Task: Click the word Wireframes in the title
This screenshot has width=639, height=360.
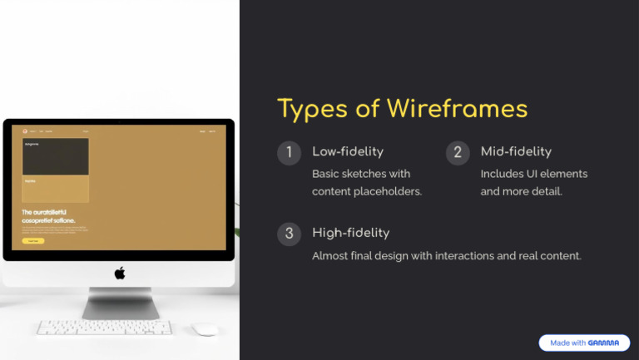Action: click(x=453, y=109)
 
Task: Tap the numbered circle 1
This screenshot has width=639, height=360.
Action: click(x=289, y=153)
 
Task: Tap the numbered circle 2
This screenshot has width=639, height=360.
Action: click(x=458, y=153)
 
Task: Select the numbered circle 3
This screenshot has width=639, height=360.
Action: click(x=289, y=234)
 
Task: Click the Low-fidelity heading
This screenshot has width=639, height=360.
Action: click(x=348, y=151)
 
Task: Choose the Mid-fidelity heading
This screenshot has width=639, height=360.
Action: click(x=516, y=151)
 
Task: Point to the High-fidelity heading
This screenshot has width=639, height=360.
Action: click(x=350, y=233)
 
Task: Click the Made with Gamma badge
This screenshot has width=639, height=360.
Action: click(x=584, y=343)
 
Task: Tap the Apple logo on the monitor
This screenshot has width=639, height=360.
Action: click(x=119, y=274)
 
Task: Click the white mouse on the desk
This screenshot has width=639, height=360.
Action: click(x=205, y=329)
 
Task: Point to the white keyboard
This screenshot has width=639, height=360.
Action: click(x=105, y=328)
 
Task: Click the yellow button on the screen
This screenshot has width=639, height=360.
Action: click(x=33, y=240)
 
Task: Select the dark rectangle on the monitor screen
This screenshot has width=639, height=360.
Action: click(x=55, y=156)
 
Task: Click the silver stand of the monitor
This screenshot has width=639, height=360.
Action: click(x=120, y=303)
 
